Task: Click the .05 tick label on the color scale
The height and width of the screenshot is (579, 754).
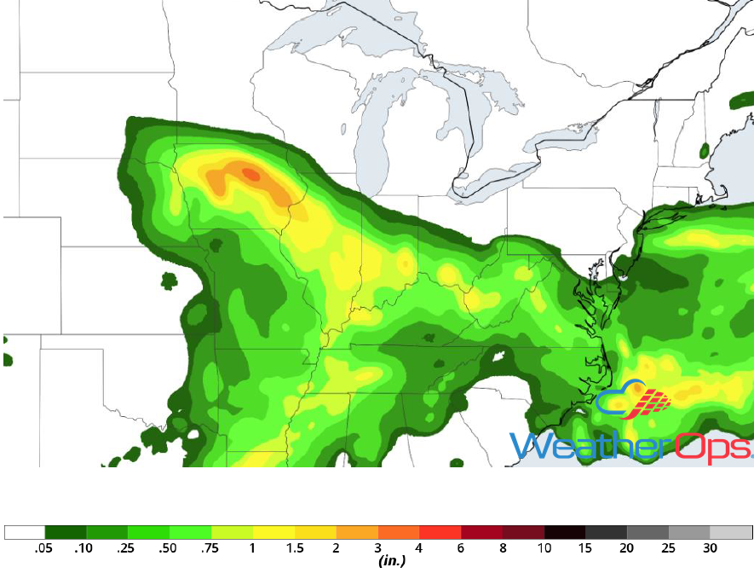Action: pos(43,548)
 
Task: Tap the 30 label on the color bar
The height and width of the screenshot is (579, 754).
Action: pos(710,548)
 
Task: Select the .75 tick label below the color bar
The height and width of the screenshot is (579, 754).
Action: pos(210,548)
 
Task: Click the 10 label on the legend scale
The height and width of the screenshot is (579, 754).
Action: pos(544,548)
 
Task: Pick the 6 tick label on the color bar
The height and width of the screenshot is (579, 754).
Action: pos(460,548)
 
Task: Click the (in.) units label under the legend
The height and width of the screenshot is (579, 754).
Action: pos(391,561)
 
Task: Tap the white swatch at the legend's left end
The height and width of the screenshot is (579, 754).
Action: pos(25,533)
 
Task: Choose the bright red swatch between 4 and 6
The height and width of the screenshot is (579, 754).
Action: pos(440,533)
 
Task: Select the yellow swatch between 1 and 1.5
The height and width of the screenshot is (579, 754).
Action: pos(273,533)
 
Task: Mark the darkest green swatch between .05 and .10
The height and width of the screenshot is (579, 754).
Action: pos(65,533)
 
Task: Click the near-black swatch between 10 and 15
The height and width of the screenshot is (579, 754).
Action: pos(565,533)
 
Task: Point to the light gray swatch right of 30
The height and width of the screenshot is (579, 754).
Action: pos(731,533)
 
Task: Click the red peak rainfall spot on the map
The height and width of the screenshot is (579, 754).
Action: pos(250,173)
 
